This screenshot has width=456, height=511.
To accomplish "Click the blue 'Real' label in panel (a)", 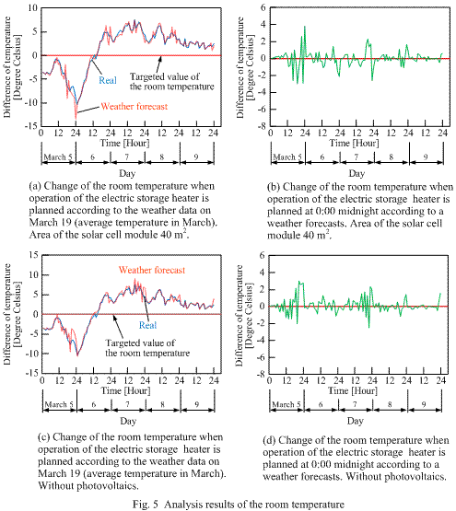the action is [108, 80].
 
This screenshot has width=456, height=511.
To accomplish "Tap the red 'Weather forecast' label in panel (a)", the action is [134, 106].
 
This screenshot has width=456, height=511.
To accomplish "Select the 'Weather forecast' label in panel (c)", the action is [152, 270].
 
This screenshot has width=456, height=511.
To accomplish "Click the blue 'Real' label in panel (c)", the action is [147, 325].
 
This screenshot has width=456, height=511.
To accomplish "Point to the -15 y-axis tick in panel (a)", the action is [31, 126].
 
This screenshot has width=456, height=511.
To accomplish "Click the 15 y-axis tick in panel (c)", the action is [34, 255].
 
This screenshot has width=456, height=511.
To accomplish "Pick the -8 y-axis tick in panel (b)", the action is [262, 126].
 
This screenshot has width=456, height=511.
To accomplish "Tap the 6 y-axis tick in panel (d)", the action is [262, 255].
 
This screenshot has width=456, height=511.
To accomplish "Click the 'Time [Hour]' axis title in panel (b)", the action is [354, 143].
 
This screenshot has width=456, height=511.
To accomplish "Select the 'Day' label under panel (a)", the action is [127, 173].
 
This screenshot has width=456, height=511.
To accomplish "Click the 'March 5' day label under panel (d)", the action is [286, 404].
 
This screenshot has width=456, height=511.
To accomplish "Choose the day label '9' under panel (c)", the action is [197, 404].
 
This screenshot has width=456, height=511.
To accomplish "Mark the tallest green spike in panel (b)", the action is [305, 26].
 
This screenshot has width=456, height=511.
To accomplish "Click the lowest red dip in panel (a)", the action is [76, 119].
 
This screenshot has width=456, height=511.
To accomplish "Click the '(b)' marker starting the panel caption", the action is [273, 187].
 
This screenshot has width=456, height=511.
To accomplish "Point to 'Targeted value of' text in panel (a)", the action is [164, 76].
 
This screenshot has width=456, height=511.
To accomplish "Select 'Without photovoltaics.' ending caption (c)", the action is [88, 486].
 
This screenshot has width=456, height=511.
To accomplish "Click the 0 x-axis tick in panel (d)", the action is [269, 380].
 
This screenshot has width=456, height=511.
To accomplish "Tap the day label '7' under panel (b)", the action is [357, 157].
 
